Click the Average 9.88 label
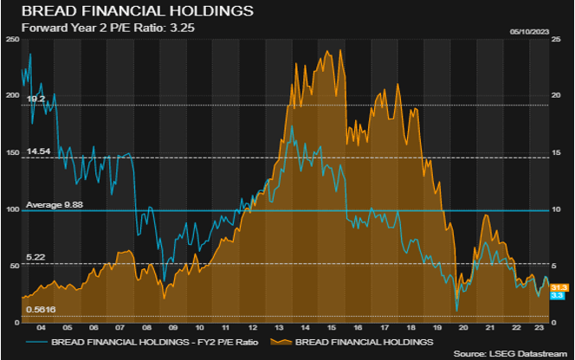[x=54, y=204]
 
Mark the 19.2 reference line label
[x=36, y=100]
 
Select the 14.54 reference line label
[x=38, y=151]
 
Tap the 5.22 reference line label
[x=36, y=258]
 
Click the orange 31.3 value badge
[x=559, y=287]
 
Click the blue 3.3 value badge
[x=559, y=296]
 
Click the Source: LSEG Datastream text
[x=511, y=355]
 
